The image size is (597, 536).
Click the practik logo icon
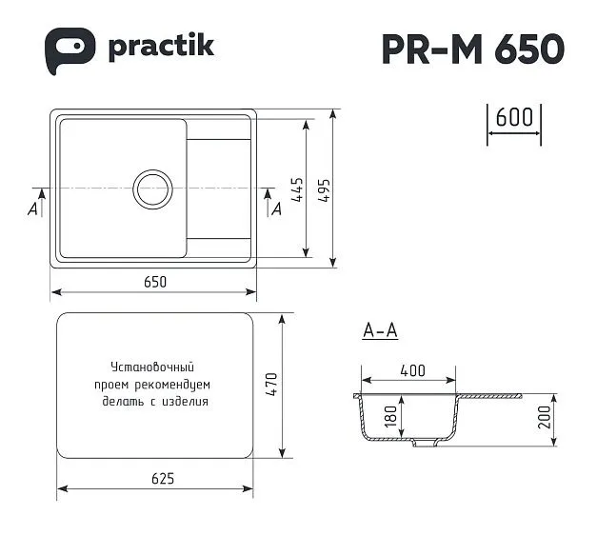tap(70, 49)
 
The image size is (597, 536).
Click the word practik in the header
tap(160, 47)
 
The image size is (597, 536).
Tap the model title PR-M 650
tap(472, 49)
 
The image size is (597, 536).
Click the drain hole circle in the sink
tap(152, 189)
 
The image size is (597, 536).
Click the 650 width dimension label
tap(155, 281)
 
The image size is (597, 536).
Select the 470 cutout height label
tap(269, 385)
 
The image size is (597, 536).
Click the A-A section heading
tap(380, 331)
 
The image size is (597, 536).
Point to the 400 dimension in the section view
tap(412, 371)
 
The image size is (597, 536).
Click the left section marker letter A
tap(34, 208)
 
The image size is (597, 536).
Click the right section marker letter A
tap(276, 208)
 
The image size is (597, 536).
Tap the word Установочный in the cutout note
tap(152, 367)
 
